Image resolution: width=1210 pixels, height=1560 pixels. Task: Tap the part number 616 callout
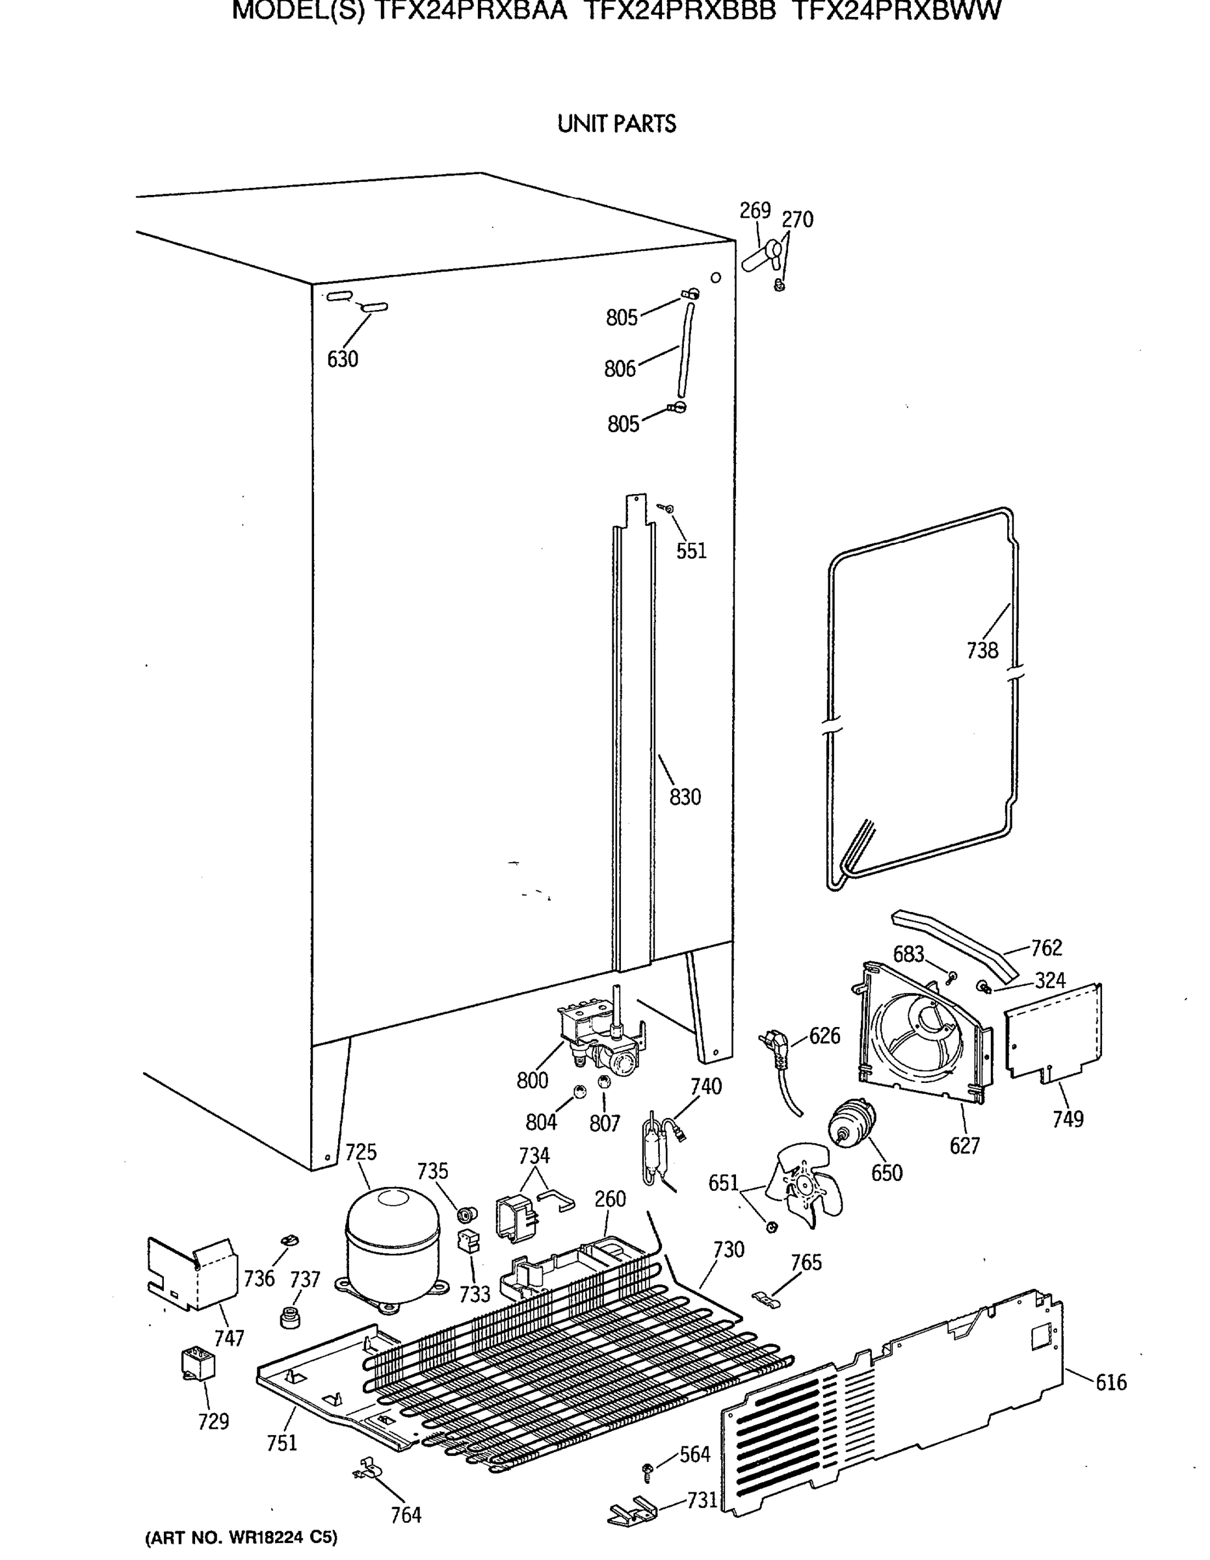tap(1111, 1382)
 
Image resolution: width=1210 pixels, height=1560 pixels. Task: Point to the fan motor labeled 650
tap(853, 1124)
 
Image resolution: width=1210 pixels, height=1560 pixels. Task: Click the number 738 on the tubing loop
tap(982, 650)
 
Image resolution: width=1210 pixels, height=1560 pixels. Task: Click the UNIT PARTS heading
tap(616, 124)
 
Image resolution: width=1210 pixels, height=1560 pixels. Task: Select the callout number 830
tap(685, 796)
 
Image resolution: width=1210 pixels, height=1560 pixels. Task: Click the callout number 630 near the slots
tap(342, 359)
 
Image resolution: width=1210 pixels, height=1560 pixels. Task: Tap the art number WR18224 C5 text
tap(241, 1537)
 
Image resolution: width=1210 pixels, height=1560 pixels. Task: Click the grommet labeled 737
tap(289, 1316)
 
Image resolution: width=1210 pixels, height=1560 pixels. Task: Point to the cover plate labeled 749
tap(1053, 1032)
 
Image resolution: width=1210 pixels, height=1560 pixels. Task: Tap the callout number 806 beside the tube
tap(619, 369)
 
